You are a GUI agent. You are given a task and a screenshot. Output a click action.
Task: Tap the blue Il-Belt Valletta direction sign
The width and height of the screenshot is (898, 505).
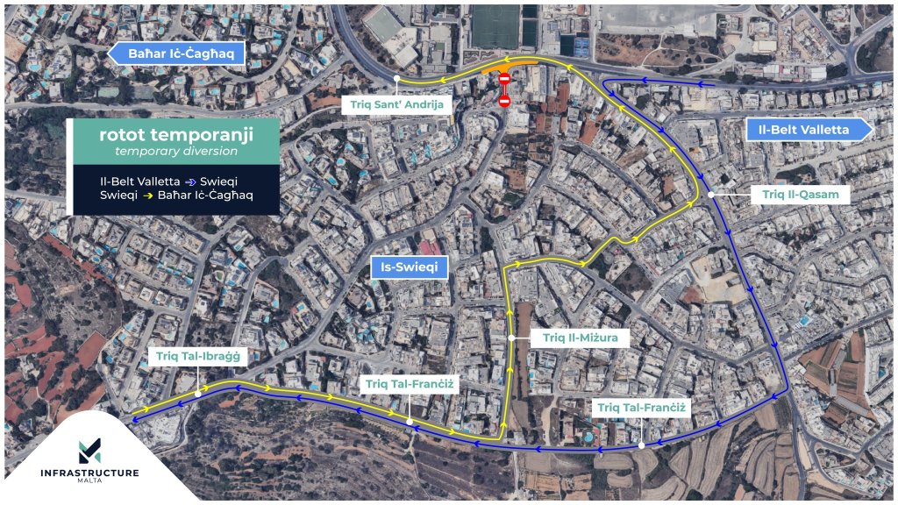point(809,130)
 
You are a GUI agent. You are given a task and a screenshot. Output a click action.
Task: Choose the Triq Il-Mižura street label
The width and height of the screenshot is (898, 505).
point(580,338)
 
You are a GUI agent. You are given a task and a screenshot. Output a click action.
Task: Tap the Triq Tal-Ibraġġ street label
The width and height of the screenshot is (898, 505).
point(199,357)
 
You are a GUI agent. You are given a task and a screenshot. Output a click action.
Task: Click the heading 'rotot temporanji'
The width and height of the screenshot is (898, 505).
point(175,134)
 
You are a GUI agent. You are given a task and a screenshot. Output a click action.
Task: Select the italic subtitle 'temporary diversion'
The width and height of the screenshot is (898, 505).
point(175,151)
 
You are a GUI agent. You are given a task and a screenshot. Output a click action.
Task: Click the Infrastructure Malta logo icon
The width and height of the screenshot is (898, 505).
point(89,450)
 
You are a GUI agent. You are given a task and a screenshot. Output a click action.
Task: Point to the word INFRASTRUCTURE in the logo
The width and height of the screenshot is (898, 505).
point(89,473)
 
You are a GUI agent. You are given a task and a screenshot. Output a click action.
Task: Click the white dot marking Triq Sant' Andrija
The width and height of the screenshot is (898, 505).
point(397,78)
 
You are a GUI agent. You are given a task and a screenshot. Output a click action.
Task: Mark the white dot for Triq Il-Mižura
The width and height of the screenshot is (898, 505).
point(511,338)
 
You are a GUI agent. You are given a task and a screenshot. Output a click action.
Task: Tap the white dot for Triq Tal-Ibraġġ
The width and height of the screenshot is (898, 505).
point(199,394)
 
